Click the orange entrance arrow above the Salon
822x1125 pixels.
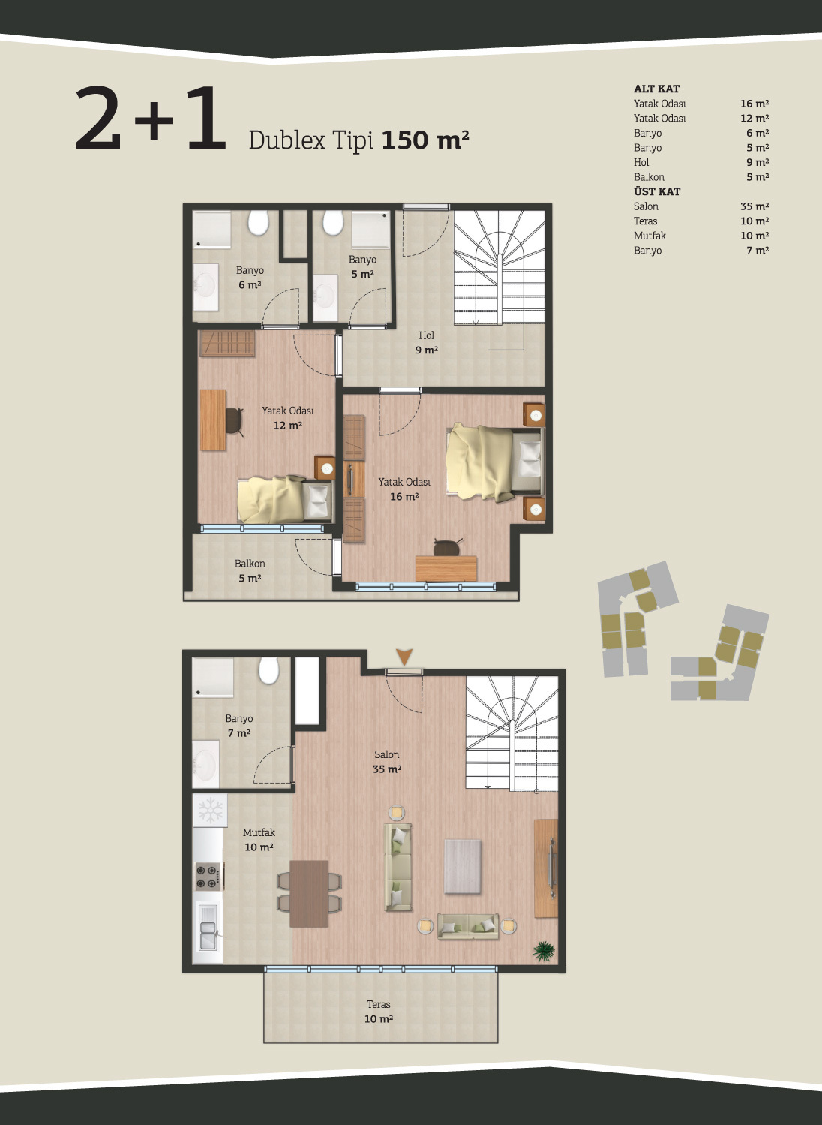coord(404,657)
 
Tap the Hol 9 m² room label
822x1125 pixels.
coord(427,342)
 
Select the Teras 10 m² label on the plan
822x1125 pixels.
coord(379,1012)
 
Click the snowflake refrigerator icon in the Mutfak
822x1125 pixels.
coord(210,810)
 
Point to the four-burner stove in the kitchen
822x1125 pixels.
coord(208,877)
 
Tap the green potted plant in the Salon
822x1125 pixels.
coord(544,951)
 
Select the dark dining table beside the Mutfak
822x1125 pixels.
coord(309,894)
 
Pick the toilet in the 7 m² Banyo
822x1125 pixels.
coord(269,670)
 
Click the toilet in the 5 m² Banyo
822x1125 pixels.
coord(333,222)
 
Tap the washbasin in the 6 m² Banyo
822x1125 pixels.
coord(205,287)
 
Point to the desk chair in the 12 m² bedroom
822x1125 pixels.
coord(234,420)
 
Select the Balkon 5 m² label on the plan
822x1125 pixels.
coord(250,570)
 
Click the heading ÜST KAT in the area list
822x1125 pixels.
coord(657,191)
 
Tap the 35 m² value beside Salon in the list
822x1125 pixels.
coord(754,206)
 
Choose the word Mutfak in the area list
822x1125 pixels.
coord(649,236)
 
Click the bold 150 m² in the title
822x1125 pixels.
coord(425,140)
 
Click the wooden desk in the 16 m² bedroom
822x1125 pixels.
coord(445,569)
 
